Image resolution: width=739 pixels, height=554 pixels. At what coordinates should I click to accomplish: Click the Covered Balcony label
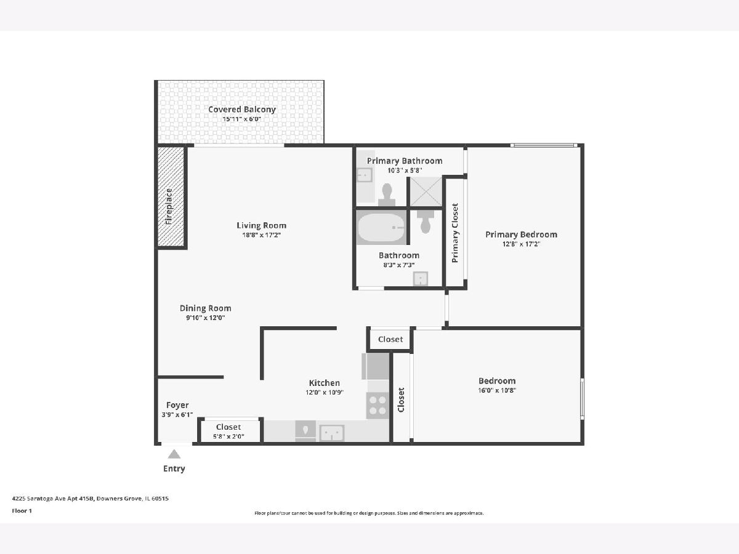[242, 110]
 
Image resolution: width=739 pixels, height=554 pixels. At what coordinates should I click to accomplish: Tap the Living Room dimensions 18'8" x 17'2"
[261, 235]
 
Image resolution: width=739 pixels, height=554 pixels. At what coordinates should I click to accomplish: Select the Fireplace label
[169, 207]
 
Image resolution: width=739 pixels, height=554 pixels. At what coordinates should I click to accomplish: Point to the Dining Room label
[205, 308]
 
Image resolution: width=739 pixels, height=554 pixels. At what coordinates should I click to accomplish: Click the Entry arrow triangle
[174, 454]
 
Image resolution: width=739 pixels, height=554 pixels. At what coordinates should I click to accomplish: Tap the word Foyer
[177, 405]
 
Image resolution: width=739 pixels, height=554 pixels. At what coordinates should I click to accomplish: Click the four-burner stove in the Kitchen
[378, 406]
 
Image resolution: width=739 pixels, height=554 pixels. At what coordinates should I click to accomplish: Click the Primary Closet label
[455, 233]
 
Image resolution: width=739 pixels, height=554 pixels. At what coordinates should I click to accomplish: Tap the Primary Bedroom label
[521, 235]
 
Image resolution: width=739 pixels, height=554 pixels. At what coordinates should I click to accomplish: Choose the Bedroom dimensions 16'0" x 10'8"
[497, 390]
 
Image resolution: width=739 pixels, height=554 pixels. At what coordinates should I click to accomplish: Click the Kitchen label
[324, 383]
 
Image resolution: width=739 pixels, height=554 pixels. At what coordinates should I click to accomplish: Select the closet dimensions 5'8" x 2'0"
[228, 436]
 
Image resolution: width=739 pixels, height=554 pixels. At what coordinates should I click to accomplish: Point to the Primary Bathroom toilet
[387, 195]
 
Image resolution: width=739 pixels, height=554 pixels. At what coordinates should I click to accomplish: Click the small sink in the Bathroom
[421, 279]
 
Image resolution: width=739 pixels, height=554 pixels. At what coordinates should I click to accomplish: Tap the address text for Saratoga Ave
[91, 499]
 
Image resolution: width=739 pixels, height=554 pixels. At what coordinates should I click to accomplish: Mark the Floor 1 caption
[22, 511]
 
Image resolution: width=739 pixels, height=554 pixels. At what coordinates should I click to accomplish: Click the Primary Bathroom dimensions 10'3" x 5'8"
[405, 171]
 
